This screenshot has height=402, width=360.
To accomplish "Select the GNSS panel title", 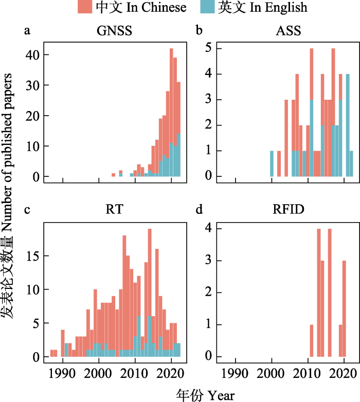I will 114,31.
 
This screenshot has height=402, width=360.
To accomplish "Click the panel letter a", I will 27,31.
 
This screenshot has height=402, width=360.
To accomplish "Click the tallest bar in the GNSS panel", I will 171,113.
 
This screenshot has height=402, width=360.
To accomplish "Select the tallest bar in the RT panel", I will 149,293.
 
